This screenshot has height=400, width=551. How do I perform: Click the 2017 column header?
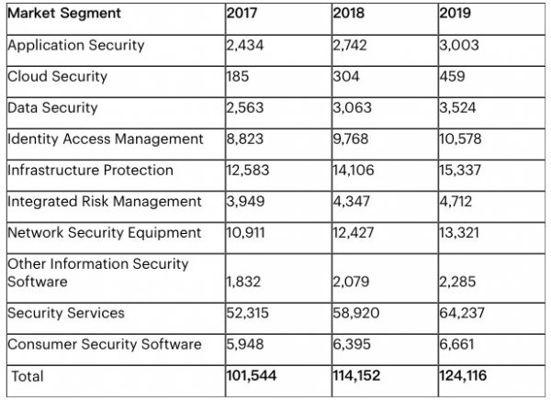click(242, 15)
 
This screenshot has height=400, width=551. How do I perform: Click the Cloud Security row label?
click(57, 76)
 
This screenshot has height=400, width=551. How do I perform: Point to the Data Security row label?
click(52, 107)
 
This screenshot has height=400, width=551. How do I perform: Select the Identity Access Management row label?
click(105, 139)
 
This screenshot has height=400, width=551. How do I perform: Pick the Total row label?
click(28, 376)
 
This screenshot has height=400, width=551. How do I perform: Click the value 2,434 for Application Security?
click(245, 45)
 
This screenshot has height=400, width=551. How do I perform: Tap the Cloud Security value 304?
click(346, 76)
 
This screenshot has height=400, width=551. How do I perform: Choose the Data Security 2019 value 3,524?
click(456, 107)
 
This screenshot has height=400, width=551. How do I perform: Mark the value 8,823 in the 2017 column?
click(244, 139)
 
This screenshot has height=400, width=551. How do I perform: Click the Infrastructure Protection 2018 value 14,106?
click(354, 170)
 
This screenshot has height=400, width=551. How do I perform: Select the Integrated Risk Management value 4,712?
click(455, 201)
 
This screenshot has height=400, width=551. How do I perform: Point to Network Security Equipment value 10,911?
click(246, 232)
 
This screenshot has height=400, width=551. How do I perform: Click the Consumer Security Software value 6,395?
click(351, 344)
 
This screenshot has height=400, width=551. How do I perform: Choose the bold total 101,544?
click(252, 376)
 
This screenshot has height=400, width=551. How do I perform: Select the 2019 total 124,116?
click(464, 376)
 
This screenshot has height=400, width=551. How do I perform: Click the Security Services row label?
click(65, 313)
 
